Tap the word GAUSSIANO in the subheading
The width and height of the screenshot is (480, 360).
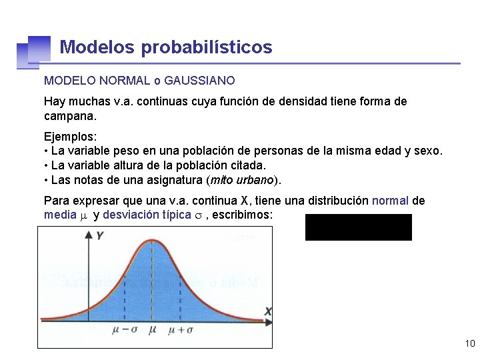199,81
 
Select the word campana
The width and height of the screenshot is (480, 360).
70,116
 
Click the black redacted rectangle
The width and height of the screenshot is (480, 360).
358,227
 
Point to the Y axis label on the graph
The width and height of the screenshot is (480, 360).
100,236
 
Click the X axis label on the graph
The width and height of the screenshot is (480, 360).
268,311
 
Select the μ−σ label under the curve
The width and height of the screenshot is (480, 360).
124,330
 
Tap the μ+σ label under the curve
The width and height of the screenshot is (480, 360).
181,330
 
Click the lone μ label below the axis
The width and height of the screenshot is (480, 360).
153,329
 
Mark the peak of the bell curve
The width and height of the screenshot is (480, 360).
153,239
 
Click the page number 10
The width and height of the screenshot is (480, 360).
469,344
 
